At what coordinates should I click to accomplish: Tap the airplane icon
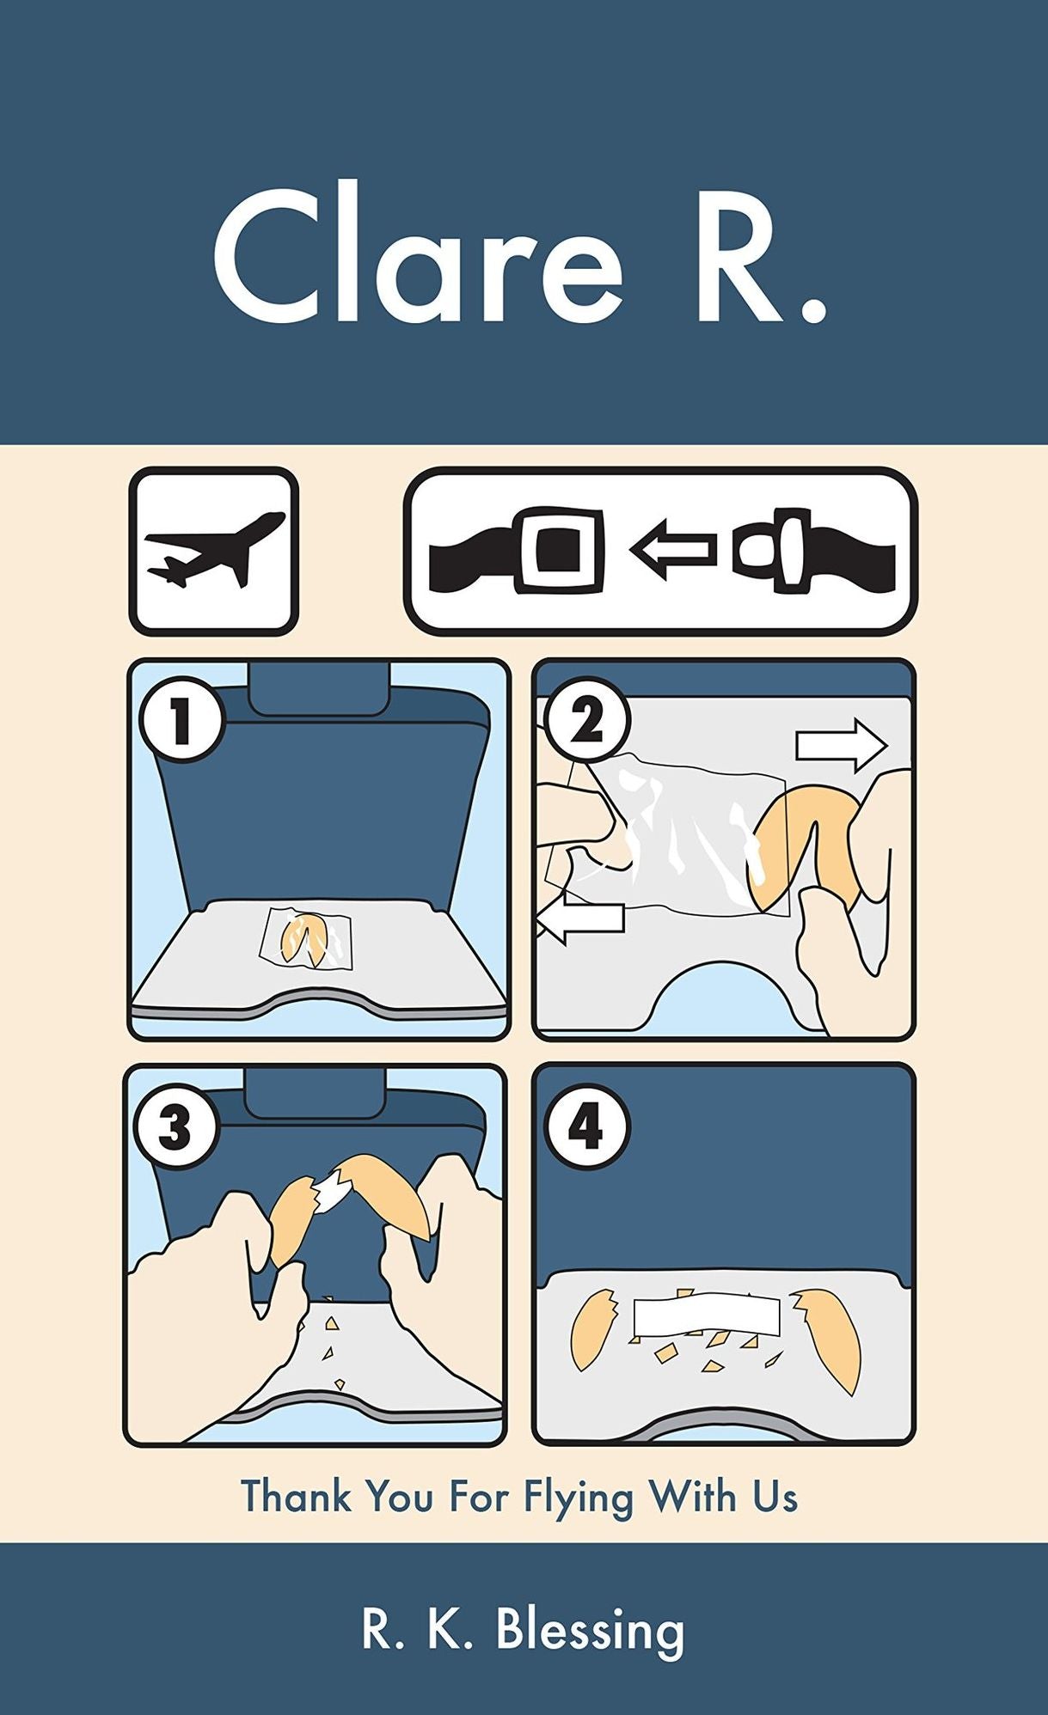214,551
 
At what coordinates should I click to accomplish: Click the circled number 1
181,720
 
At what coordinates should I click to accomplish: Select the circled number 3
175,1126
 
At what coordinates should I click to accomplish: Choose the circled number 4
586,1126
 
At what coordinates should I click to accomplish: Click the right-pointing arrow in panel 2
841,746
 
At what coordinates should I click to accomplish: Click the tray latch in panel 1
316,687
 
